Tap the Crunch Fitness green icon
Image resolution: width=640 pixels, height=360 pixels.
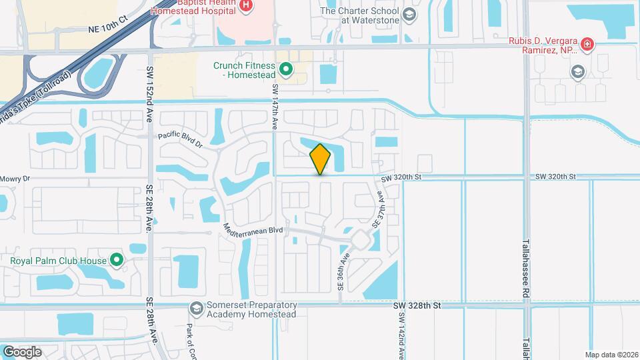[x=286, y=69]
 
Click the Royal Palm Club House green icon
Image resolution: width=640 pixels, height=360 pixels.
[x=117, y=260]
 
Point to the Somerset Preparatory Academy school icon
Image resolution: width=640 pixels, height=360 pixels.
[x=197, y=308]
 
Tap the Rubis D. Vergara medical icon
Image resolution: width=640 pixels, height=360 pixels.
[x=587, y=45]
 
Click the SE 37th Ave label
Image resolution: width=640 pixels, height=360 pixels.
[x=378, y=210]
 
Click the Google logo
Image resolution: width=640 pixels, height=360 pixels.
[x=22, y=351]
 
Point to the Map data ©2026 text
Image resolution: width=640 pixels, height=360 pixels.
[x=611, y=354]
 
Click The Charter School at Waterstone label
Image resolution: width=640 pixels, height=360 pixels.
[x=360, y=15]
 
